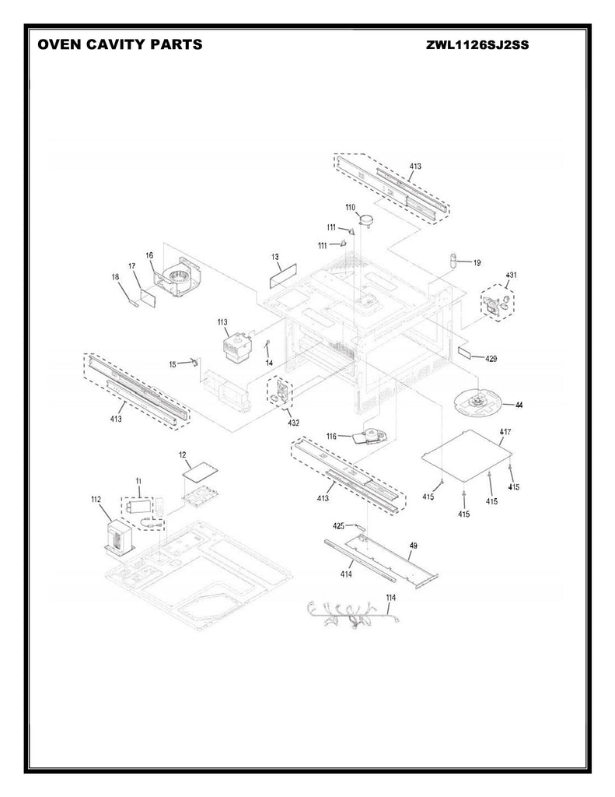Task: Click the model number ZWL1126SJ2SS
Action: [477, 45]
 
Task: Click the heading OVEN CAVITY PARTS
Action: [120, 44]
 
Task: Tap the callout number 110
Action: [351, 207]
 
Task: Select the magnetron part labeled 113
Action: [235, 346]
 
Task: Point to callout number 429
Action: [491, 359]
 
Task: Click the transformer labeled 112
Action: [120, 537]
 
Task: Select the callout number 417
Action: [505, 431]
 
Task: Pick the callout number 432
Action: [293, 423]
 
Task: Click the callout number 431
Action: [511, 275]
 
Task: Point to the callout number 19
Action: [477, 263]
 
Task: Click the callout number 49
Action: [414, 546]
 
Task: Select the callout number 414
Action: [346, 574]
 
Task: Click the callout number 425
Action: [339, 525]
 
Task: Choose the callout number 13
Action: [275, 257]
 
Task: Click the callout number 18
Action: [115, 276]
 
